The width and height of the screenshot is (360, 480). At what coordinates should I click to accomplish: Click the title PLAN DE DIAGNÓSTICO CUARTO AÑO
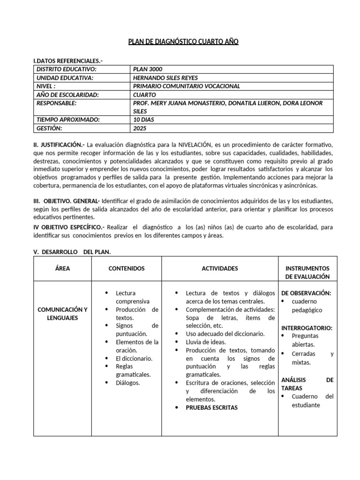point(183,42)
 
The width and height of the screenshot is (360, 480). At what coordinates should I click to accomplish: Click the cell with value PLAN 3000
point(148,69)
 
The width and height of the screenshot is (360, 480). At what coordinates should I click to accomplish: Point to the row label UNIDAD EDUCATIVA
point(65,78)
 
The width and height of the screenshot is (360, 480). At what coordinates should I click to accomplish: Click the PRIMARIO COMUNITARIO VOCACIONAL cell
point(187,86)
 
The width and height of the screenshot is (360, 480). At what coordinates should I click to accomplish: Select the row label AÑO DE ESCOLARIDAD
point(67,95)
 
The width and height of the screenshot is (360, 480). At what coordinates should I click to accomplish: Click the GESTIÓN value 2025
point(140,128)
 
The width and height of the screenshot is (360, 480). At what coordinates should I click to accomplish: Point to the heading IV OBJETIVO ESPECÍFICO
point(69,227)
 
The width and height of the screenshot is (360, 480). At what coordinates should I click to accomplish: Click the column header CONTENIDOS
point(127,269)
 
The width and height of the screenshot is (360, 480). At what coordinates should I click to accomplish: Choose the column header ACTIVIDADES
point(220,269)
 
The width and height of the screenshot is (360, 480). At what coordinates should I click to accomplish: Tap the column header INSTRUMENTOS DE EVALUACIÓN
point(307,273)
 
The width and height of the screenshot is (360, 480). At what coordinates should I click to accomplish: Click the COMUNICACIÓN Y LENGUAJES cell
point(63,314)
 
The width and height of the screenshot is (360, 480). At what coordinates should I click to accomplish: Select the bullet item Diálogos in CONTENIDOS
point(127,382)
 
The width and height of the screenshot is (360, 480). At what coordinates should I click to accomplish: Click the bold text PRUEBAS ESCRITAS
point(211,407)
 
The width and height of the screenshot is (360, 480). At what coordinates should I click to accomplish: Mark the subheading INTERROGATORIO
point(307,328)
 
